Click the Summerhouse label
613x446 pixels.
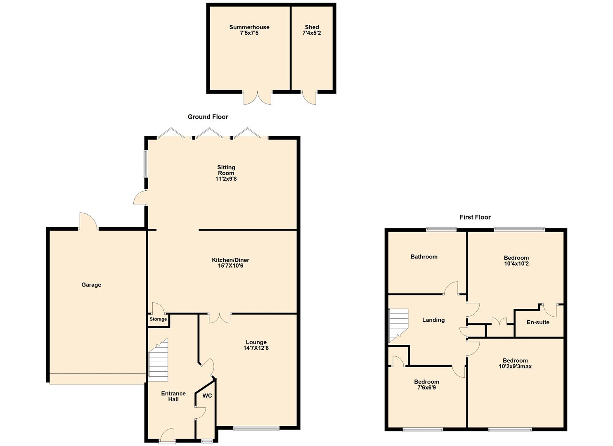coord(249,27)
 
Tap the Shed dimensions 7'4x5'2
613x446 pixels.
coord(312,33)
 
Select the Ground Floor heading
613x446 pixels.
coord(208,117)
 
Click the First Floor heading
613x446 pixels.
coord(475,217)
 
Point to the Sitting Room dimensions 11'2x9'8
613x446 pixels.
coord(226,179)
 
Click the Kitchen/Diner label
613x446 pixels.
coord(230,260)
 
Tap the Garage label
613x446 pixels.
coord(91,285)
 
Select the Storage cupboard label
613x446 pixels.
coord(158,319)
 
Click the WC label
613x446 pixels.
coord(207,396)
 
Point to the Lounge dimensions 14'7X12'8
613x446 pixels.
coord(256,348)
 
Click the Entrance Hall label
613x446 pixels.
coord(173,396)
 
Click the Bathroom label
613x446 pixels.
coord(424,257)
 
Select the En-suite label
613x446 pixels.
coord(538,322)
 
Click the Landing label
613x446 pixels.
coord(433,320)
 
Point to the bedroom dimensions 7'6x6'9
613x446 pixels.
coord(426,388)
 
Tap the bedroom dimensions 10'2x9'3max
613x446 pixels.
coord(515,366)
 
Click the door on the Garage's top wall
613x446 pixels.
coord(88,221)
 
